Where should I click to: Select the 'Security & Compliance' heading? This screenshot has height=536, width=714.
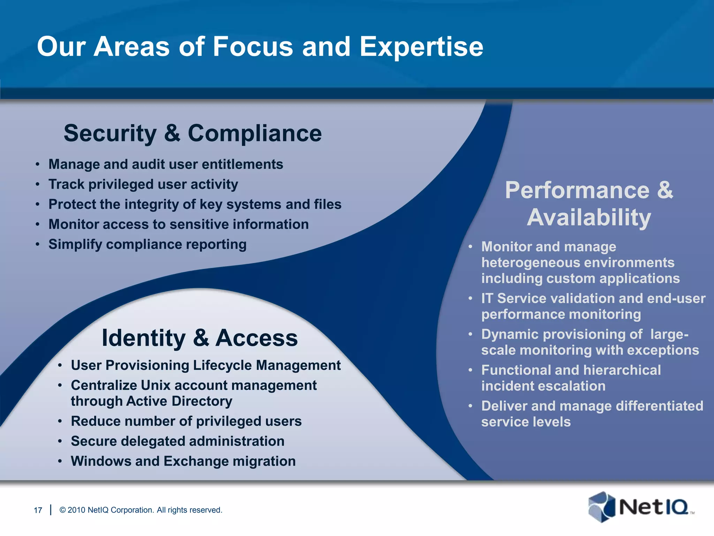[192, 133]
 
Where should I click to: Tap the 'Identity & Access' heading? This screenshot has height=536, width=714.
[199, 338]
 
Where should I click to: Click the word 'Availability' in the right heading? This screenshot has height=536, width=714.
[589, 217]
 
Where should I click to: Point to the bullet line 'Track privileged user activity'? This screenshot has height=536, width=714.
[143, 184]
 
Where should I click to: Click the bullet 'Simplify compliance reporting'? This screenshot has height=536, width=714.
[147, 244]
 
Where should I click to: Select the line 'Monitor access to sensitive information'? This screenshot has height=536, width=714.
[178, 224]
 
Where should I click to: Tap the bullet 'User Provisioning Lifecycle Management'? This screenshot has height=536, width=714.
[206, 365]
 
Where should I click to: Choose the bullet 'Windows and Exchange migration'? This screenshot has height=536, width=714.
[183, 461]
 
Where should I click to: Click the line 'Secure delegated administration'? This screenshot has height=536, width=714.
[177, 441]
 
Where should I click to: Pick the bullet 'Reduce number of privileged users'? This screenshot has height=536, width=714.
[186, 421]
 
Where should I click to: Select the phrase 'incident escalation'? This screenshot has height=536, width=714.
[543, 386]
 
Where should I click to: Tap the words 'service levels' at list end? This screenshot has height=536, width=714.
[526, 422]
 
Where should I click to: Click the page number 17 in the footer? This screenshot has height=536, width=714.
[38, 510]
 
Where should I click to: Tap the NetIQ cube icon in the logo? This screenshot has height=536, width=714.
[601, 507]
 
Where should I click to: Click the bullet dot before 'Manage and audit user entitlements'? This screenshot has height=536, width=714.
[37, 164]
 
